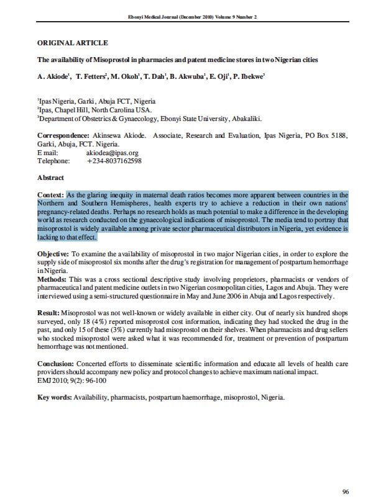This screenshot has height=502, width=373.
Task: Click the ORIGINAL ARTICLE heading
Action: (x=73, y=43)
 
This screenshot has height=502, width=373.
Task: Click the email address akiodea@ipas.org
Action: (x=112, y=153)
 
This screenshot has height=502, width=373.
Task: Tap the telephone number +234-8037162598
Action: (x=114, y=161)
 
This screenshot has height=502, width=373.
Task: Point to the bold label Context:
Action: (x=51, y=195)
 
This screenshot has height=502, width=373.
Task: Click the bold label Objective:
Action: (x=54, y=254)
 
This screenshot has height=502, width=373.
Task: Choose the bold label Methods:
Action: (x=52, y=279)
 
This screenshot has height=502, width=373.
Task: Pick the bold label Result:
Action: (x=49, y=312)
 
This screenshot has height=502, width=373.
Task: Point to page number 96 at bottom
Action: (x=345, y=491)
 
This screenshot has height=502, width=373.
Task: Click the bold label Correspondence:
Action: (x=63, y=135)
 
